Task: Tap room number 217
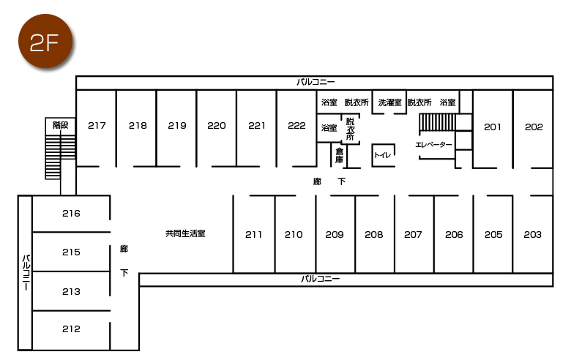click(97, 126)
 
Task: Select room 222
click(296, 126)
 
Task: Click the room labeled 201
click(493, 127)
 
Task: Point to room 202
click(534, 127)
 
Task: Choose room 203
click(533, 235)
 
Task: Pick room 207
click(413, 235)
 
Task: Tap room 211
click(253, 235)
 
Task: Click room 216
click(71, 214)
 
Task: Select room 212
click(71, 329)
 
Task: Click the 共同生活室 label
click(185, 234)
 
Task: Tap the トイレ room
click(383, 155)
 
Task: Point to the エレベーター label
click(433, 145)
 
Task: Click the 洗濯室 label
click(389, 103)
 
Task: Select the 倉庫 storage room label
click(340, 155)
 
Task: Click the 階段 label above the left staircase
click(60, 126)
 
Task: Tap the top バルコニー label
click(315, 82)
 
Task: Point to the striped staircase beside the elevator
click(437, 121)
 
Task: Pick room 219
click(177, 126)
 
